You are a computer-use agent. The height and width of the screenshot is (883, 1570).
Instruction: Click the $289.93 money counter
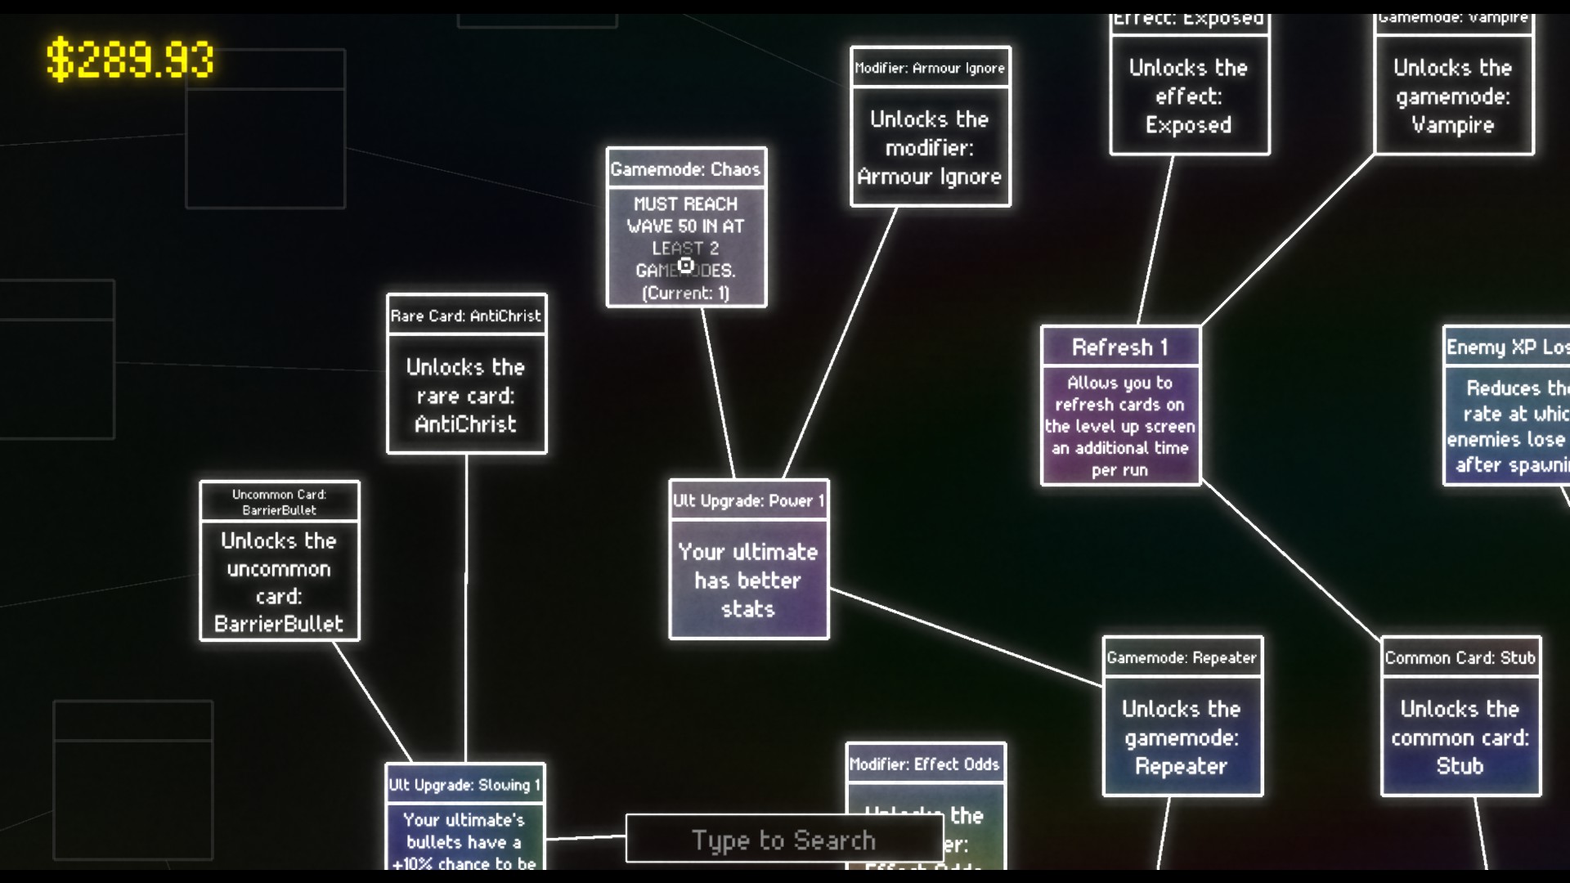(x=130, y=60)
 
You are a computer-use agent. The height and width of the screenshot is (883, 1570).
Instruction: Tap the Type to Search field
(x=784, y=840)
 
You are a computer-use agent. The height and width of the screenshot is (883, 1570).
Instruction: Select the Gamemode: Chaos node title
(x=685, y=169)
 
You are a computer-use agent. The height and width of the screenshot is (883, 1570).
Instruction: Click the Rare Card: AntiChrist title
(x=466, y=316)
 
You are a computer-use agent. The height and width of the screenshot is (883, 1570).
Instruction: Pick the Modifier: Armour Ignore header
(x=930, y=68)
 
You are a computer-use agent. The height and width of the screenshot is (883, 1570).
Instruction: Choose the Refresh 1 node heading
(x=1119, y=347)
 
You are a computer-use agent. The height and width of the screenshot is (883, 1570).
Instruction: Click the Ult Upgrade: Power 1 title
(x=748, y=500)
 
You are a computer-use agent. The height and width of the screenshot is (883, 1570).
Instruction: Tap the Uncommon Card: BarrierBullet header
(x=279, y=502)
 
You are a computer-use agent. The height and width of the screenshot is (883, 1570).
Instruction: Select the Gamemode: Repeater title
(x=1182, y=657)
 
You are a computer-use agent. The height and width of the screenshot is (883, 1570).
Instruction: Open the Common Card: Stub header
(x=1460, y=657)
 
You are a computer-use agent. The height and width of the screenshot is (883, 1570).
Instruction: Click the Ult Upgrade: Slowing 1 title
(x=464, y=785)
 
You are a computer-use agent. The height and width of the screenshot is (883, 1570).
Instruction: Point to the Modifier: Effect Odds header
(x=924, y=764)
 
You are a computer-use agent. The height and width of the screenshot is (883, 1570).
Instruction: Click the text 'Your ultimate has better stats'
(x=748, y=580)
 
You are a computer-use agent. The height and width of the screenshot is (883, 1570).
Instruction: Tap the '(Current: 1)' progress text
(x=685, y=293)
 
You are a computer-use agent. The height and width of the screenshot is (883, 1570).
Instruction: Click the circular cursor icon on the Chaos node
(x=685, y=265)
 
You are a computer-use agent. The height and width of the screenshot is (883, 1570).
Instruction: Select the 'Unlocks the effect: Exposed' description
(x=1188, y=96)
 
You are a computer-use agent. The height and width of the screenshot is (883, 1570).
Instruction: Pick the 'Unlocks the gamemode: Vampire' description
(x=1453, y=96)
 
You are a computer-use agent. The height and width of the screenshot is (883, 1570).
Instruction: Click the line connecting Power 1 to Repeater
(x=965, y=637)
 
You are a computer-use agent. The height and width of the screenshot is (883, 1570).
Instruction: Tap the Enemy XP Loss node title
(x=1507, y=347)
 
